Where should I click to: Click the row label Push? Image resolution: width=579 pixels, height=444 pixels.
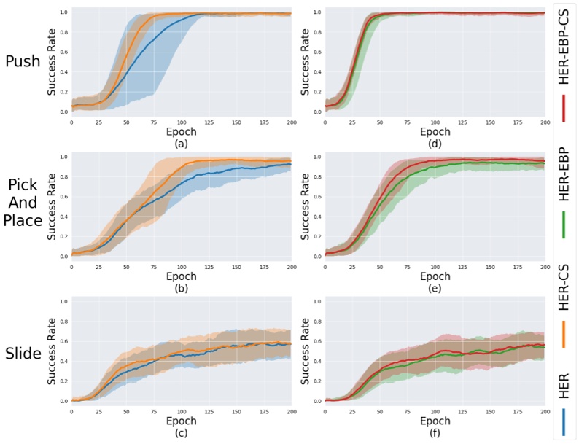(x=23, y=61)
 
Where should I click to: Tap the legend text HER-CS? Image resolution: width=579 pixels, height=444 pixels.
(x=564, y=292)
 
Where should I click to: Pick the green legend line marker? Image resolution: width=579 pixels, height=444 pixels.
(x=564, y=224)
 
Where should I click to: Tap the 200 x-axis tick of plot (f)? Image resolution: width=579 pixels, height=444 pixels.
(x=544, y=412)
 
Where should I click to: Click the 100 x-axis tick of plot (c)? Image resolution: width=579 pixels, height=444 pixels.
(x=180, y=412)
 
